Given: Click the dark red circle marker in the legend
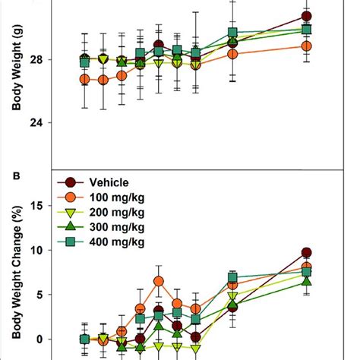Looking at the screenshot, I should [71, 182].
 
